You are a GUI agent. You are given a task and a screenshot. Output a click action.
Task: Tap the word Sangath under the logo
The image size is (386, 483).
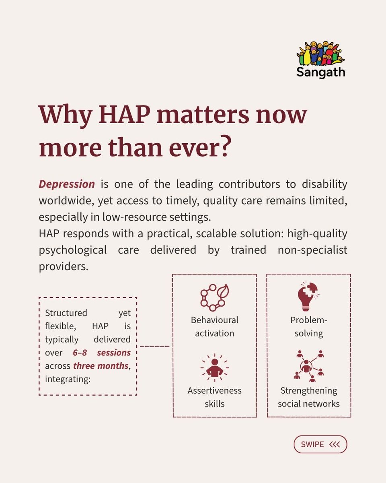[x=320, y=72]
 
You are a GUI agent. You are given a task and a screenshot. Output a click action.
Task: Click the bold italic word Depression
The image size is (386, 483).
[x=67, y=184]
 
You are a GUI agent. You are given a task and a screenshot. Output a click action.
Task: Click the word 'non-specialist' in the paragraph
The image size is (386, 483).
[x=312, y=250]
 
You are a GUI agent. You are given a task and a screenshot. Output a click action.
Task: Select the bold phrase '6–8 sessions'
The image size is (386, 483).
[x=102, y=353]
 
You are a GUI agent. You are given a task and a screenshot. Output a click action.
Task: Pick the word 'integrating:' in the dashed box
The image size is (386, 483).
[x=67, y=379]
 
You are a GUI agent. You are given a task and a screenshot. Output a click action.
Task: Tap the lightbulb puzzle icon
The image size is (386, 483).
[x=308, y=296]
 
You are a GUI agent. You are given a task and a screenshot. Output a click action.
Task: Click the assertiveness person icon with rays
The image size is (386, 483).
[x=214, y=367]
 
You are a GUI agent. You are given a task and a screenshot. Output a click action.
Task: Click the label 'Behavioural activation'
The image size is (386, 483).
[x=214, y=326]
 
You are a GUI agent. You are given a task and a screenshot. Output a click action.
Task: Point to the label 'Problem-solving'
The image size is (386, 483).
[x=308, y=326]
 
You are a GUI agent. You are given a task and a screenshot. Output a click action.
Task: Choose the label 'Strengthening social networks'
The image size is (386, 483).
[x=308, y=397]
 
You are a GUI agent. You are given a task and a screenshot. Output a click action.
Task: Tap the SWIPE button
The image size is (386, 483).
[x=320, y=444]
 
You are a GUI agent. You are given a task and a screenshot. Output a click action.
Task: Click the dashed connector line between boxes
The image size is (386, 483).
[x=154, y=347]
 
